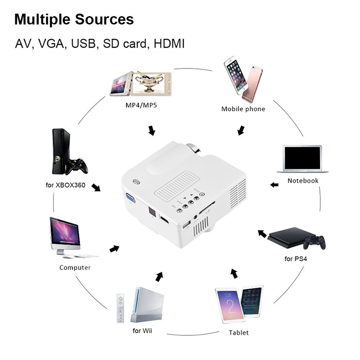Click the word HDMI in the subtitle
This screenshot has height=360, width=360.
(x=170, y=44)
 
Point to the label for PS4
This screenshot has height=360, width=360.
(x=296, y=259)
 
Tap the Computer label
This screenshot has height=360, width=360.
(x=75, y=267)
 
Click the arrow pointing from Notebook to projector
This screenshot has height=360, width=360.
(x=274, y=184)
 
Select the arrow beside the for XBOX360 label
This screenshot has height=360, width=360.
(x=96, y=186)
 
